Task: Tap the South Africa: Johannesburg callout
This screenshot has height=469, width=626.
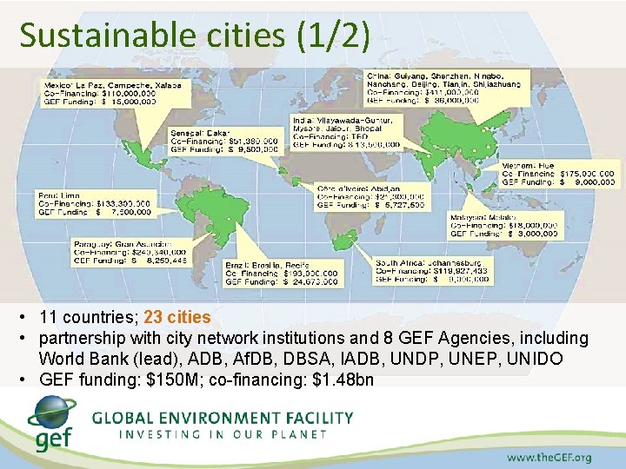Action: click(x=432, y=270)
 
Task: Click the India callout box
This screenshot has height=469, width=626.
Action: click(x=348, y=132)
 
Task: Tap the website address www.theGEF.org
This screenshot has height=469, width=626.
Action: click(x=549, y=456)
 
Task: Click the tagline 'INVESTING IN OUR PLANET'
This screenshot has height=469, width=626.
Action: click(x=223, y=433)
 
